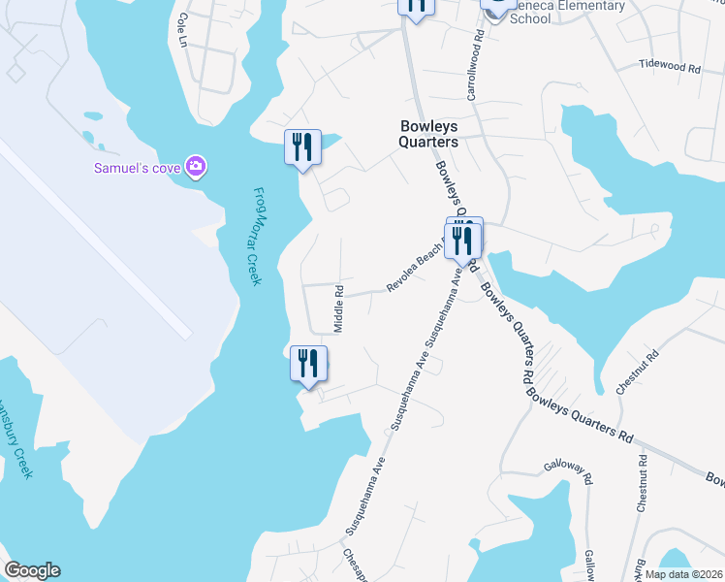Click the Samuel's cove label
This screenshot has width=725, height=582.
coord(138,167)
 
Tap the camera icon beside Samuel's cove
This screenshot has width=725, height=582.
coord(196,167)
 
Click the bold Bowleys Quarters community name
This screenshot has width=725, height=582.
coord(428,133)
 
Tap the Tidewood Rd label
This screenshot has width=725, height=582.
coord(669,67)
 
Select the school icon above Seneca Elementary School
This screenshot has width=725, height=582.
coord(496,6)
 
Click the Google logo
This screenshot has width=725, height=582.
coord(32,570)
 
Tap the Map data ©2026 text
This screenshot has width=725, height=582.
coord(682,574)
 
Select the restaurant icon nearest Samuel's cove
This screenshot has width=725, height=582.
coord(301,147)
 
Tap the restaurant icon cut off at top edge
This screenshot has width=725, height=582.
coord(416,7)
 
